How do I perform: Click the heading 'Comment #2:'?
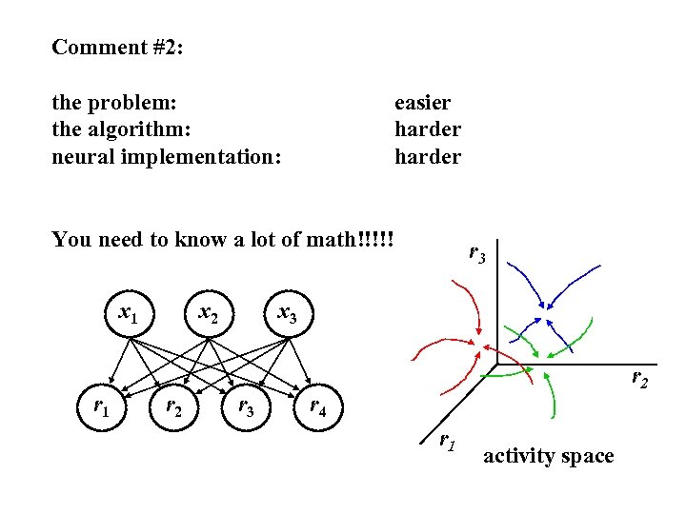tap(117, 47)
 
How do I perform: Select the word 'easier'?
tap(422, 102)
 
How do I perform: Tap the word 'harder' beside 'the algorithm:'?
tap(427, 128)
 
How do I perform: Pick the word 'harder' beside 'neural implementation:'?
tap(427, 156)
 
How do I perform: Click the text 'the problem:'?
tap(116, 102)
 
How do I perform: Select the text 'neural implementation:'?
tap(167, 156)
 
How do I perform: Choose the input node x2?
tap(208, 311)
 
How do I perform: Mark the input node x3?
tap(287, 311)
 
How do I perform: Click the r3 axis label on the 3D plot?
tap(476, 254)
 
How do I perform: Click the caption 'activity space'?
tap(548, 456)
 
